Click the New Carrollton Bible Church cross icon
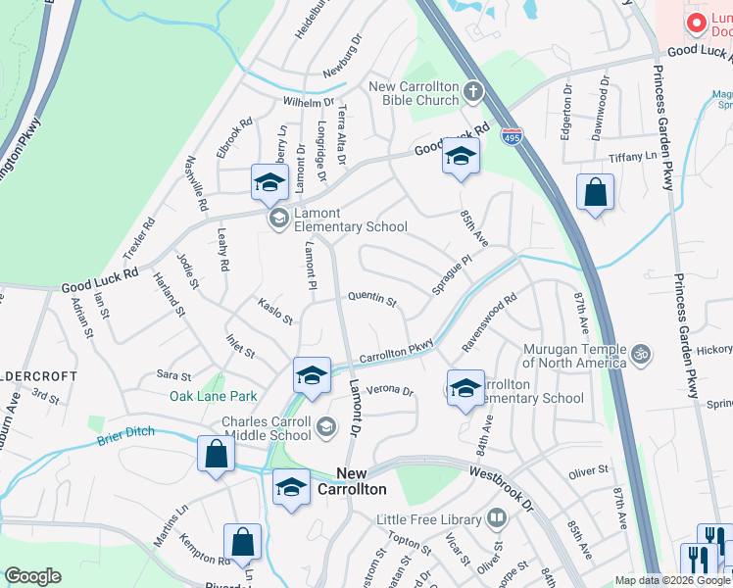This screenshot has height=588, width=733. click(x=473, y=92)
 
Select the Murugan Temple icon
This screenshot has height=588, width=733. click(x=641, y=351)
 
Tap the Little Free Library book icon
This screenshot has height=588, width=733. click(x=497, y=516)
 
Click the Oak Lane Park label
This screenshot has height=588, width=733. click(x=213, y=396)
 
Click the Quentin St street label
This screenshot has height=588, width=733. click(x=372, y=301)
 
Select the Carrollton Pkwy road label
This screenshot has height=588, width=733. click(x=396, y=353)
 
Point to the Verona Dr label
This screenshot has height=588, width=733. click(x=390, y=391)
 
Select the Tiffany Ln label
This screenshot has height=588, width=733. click(x=632, y=157)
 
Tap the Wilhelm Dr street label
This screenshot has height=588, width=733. click(x=309, y=102)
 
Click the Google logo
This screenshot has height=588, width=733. click(x=33, y=575)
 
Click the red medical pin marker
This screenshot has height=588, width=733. click(x=697, y=23)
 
